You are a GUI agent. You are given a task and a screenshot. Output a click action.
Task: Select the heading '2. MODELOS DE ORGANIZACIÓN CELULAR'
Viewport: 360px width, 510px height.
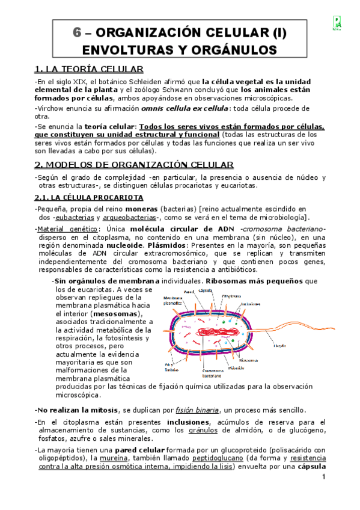(x=134, y=164)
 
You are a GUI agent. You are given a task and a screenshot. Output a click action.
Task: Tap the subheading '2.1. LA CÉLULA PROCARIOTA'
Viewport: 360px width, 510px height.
(x=88, y=197)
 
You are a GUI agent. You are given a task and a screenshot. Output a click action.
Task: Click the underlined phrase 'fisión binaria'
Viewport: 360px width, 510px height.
(x=196, y=409)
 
